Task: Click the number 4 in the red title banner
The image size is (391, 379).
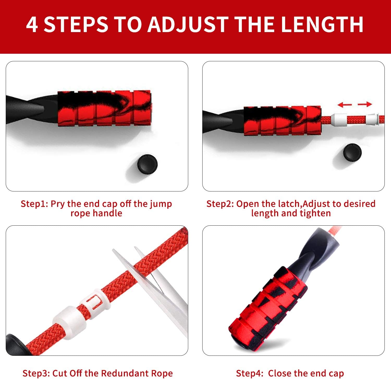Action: pyautogui.click(x=32, y=24)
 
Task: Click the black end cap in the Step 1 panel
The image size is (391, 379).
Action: pyautogui.click(x=147, y=164)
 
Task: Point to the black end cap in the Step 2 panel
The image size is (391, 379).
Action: pyautogui.click(x=352, y=152)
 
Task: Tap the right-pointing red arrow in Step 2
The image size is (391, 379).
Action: pyautogui.click(x=365, y=104)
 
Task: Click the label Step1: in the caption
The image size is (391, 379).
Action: pyautogui.click(x=34, y=204)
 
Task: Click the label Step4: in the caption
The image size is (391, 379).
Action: pyautogui.click(x=249, y=373)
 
